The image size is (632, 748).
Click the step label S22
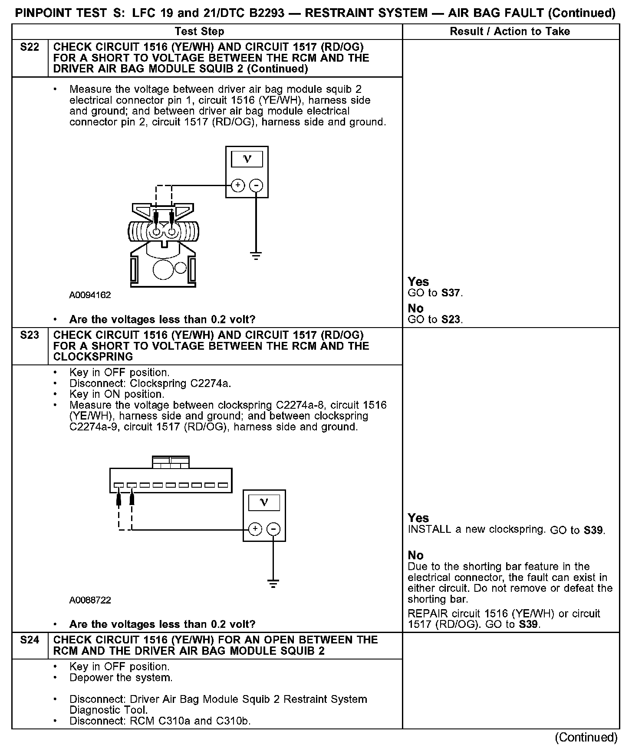click(30, 47)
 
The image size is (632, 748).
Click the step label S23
click(30, 335)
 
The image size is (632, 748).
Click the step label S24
click(30, 640)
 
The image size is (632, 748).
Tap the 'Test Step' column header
click(199, 32)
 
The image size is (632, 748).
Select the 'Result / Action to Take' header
click(510, 32)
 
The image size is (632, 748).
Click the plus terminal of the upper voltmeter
click(237, 186)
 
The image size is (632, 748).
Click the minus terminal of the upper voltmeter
click(257, 186)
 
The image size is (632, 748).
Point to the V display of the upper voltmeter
click(247, 159)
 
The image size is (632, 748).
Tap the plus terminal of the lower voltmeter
click(255, 529)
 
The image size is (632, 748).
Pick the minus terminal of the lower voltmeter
click(273, 529)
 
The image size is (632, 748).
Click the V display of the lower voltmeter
click(263, 502)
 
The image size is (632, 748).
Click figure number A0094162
click(90, 295)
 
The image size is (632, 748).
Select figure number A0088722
click(90, 600)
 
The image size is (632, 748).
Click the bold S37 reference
click(451, 293)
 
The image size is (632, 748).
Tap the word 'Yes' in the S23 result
click(418, 518)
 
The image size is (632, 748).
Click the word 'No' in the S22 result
click(415, 308)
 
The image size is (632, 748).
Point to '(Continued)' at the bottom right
click(586, 737)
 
